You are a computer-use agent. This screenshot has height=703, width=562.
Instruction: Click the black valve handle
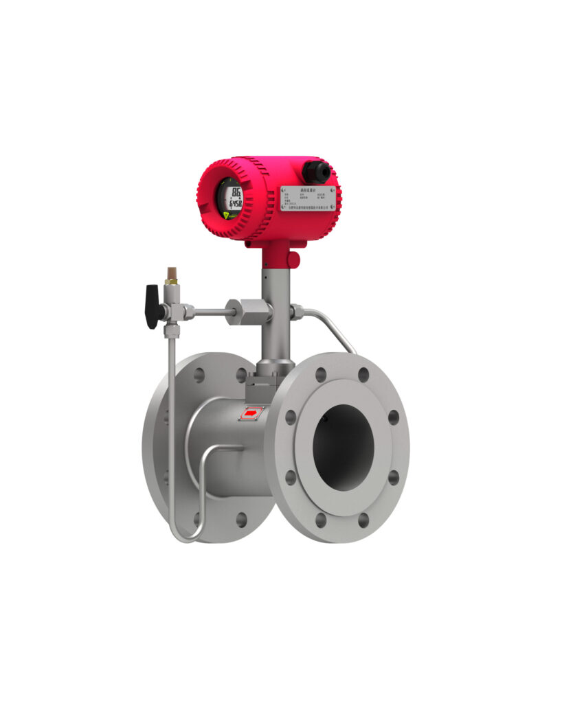click(154, 306)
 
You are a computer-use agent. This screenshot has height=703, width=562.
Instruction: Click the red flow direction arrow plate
click(251, 413)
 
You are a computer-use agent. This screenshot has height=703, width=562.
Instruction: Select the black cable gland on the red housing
click(317, 171)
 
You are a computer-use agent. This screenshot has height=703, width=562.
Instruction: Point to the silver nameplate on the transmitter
click(308, 199)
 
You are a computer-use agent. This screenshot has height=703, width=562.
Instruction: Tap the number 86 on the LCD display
click(236, 192)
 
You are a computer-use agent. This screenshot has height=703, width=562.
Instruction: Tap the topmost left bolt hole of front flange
click(320, 375)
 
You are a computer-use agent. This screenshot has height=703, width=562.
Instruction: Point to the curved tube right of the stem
click(330, 325)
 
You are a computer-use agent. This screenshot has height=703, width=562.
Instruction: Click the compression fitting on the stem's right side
click(296, 312)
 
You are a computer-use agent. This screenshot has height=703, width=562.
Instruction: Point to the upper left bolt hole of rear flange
click(199, 375)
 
